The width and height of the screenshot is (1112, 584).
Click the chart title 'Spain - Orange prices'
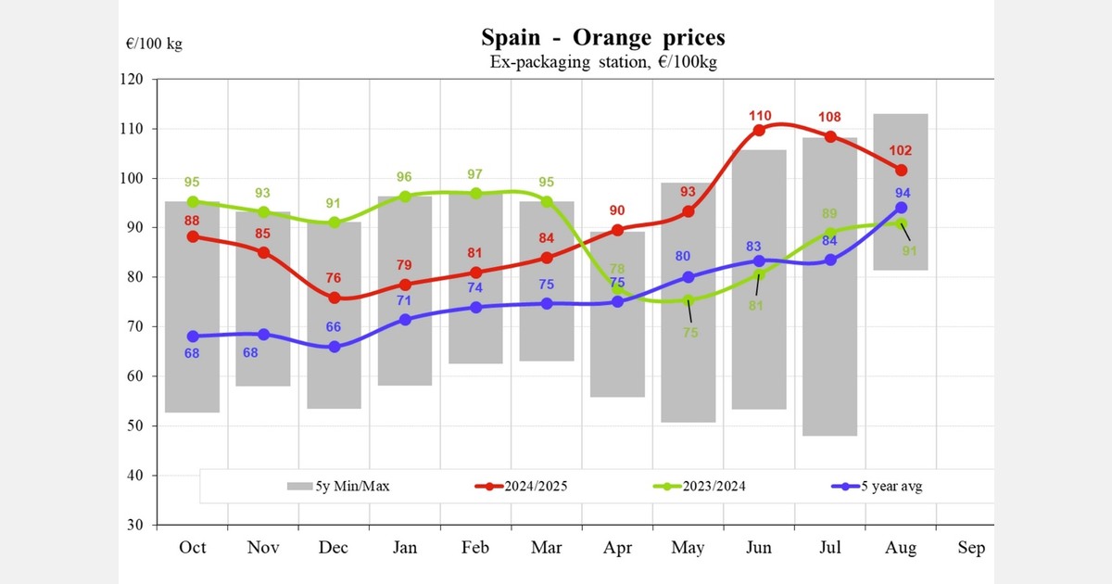pyautogui.click(x=603, y=38)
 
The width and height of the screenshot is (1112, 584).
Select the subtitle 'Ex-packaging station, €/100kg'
pyautogui.click(x=603, y=62)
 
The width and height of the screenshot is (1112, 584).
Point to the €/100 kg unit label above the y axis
pyautogui.click(x=154, y=44)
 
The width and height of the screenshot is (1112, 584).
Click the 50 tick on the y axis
pyautogui.click(x=134, y=426)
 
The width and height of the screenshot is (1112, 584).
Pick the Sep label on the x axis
pyautogui.click(x=971, y=548)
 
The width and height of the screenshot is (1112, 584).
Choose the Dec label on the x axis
pyautogui.click(x=334, y=548)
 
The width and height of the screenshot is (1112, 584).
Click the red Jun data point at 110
pyautogui.click(x=759, y=130)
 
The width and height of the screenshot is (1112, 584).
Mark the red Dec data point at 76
pyautogui.click(x=334, y=298)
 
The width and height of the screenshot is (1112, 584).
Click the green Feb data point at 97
pyautogui.click(x=475, y=194)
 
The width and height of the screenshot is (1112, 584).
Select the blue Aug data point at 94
pyautogui.click(x=901, y=208)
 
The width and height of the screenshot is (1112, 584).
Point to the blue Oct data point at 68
pyautogui.click(x=193, y=336)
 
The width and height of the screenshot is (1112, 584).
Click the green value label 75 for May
pyautogui.click(x=689, y=332)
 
